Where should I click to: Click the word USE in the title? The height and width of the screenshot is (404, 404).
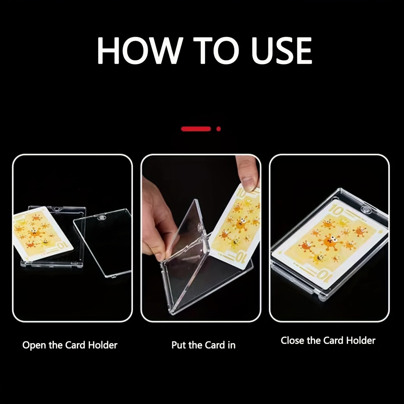pos(281,51)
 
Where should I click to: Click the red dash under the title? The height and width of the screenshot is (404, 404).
pos(196,129)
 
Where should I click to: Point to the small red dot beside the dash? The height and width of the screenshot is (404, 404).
pos(218,129)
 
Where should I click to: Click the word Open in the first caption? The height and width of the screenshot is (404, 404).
pos(34,345)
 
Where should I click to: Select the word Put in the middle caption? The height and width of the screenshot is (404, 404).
pos(179,345)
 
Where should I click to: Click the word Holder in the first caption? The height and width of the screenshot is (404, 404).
pos(103,345)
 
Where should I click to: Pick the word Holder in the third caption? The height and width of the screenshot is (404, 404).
pos(361,341)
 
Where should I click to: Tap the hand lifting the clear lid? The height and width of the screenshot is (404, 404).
pos(157,212)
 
